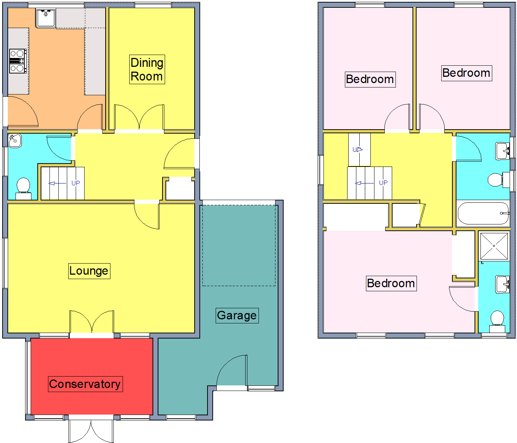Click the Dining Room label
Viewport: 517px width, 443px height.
tap(147, 69)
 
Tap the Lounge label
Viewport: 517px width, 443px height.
tap(89, 271)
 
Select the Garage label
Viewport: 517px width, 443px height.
tap(237, 316)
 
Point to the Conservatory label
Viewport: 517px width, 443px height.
tap(85, 384)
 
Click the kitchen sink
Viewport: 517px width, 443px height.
tap(46, 18)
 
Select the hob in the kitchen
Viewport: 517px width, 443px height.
tap(17, 61)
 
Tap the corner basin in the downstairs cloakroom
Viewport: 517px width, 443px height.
tap(15, 141)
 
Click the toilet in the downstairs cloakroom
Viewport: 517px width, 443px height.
tap(23, 187)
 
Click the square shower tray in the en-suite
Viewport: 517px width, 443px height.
tap(494, 246)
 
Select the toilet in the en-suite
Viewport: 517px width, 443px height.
tap(497, 320)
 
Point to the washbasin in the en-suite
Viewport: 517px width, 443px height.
tap(503, 284)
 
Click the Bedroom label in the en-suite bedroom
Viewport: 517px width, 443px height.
tap(391, 284)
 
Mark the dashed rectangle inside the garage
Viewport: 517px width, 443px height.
tap(239, 245)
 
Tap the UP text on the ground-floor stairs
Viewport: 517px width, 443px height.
tap(76, 183)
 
